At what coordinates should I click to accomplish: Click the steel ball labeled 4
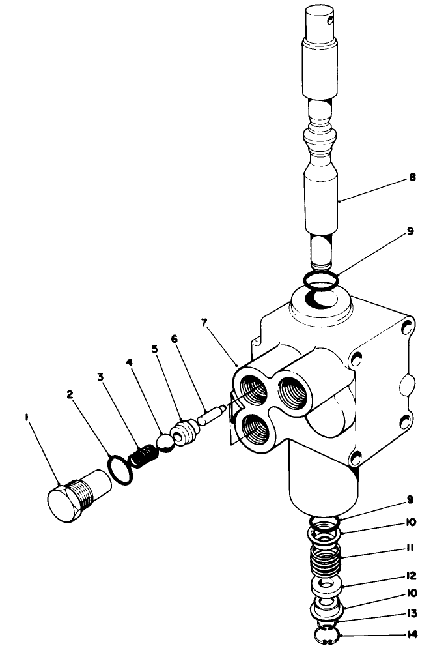pyautogui.click(x=165, y=441)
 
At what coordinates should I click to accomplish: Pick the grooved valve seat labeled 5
pyautogui.click(x=186, y=432)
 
